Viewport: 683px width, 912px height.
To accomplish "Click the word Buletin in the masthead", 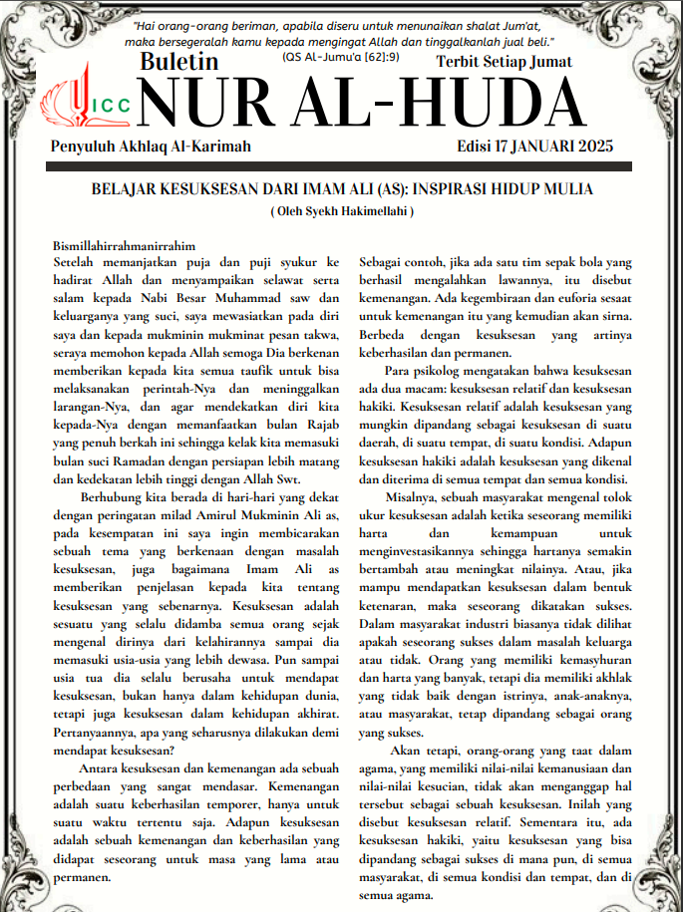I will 179,62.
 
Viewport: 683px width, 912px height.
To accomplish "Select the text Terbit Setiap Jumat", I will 505,62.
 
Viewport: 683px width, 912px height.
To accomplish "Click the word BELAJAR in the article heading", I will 128,189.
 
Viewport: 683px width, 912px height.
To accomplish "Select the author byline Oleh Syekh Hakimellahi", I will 342,211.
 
